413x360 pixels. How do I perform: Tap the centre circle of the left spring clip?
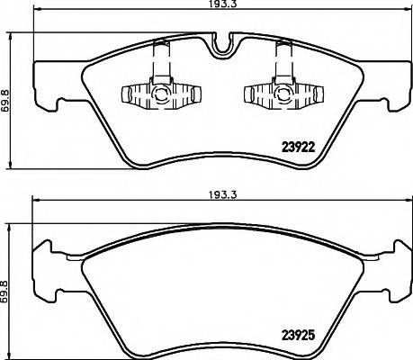pos(159,93)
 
